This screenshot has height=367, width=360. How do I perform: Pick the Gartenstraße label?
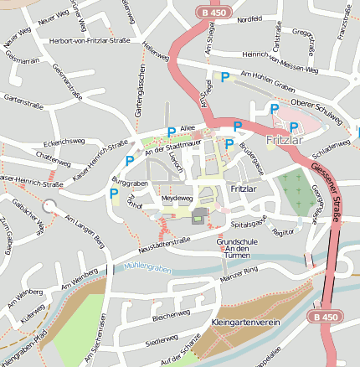point(23,98)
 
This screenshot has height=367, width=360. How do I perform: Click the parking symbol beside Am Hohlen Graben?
point(224,76)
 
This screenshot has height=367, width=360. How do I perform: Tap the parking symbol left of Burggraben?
point(114,194)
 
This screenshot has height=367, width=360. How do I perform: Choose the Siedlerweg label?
point(161,342)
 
